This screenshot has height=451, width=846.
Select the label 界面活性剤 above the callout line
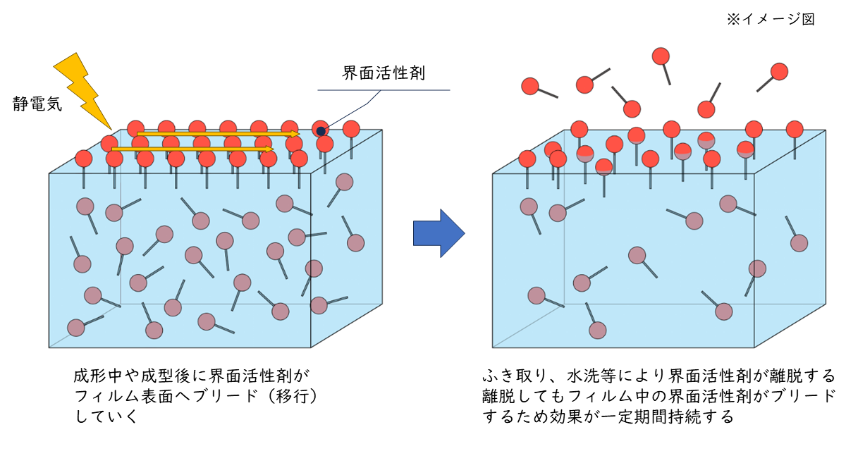383,73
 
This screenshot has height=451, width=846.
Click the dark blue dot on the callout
321,130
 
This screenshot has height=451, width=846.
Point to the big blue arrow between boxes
438,233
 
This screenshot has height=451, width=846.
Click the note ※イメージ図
771,20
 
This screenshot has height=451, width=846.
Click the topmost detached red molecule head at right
661,56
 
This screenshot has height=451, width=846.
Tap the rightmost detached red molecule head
779,71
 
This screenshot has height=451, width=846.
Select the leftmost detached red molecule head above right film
529,86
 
